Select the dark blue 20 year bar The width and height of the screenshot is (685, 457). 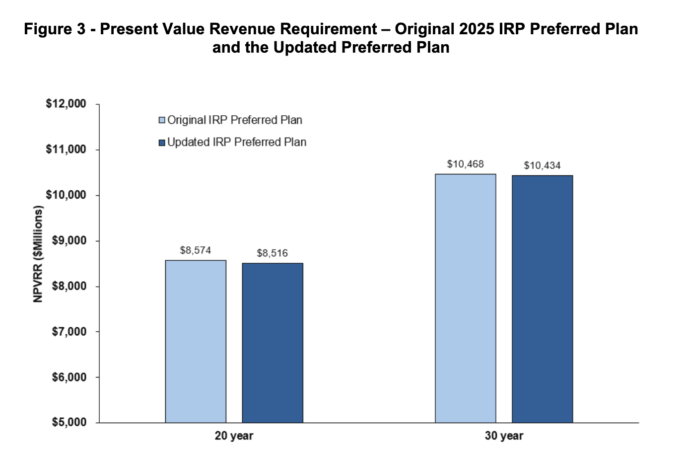(273, 343)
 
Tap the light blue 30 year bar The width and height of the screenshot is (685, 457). (466, 298)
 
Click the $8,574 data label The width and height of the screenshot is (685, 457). (196, 250)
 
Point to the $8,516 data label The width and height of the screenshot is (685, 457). (273, 253)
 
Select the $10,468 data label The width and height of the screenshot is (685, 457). (466, 164)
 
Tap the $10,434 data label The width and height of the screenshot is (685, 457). (543, 165)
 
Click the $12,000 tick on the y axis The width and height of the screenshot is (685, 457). (66, 104)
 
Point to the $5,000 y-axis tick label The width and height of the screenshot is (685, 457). (69, 423)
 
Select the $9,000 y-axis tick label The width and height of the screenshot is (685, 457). (69, 241)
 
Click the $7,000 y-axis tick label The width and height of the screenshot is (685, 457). (69, 332)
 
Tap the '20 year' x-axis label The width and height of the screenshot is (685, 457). (234, 436)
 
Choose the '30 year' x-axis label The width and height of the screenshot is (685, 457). (504, 436)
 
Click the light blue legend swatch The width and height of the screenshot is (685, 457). (161, 120)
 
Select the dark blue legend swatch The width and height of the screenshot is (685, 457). (161, 143)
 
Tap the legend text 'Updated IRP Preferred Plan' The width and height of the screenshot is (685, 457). (237, 143)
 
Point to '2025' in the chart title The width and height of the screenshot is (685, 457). (477, 29)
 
